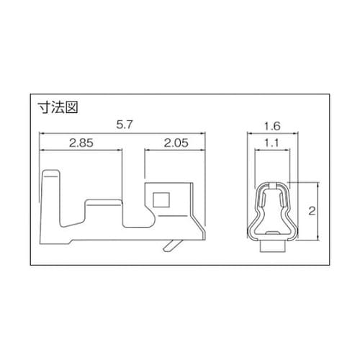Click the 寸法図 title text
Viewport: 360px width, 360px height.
click(x=58, y=107)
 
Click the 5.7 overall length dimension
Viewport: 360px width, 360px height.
click(x=125, y=125)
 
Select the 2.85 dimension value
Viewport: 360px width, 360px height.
click(x=81, y=143)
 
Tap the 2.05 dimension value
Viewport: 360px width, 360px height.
click(x=176, y=143)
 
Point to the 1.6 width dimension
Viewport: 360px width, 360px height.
click(x=272, y=126)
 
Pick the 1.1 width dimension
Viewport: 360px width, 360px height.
click(x=272, y=143)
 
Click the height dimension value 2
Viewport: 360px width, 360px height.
click(x=312, y=211)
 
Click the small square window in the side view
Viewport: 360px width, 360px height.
click(x=161, y=199)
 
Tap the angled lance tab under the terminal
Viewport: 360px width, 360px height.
click(x=171, y=246)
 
